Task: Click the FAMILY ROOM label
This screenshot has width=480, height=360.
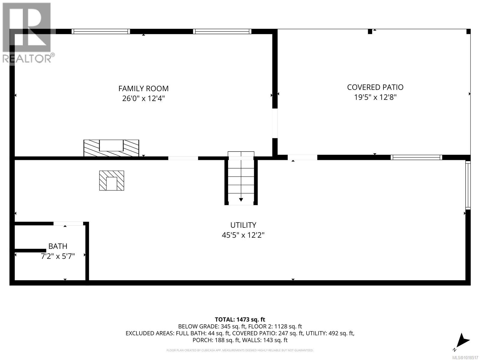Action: click(x=143, y=88)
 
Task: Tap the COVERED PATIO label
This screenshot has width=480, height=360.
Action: click(x=375, y=87)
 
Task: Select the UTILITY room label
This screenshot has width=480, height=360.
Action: click(x=243, y=225)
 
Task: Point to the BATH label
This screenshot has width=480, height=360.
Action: click(x=58, y=246)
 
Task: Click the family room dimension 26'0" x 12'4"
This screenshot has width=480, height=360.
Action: click(x=143, y=98)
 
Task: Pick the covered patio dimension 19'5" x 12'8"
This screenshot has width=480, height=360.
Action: click(x=375, y=97)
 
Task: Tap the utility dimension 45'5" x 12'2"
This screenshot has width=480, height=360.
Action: click(x=243, y=235)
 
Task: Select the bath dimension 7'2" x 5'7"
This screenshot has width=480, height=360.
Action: click(x=58, y=256)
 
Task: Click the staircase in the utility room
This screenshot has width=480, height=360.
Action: click(x=241, y=180)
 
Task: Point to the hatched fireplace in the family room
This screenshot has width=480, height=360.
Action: click(x=111, y=148)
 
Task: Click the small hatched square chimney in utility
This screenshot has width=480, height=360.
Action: click(x=112, y=181)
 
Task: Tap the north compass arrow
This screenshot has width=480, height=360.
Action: click(x=463, y=340)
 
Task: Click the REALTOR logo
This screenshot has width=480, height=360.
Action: click(x=28, y=33)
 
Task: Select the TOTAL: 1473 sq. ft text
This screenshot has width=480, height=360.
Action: click(x=240, y=319)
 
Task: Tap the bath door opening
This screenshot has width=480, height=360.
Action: click(x=68, y=223)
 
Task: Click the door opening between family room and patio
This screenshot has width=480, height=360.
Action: click(x=275, y=123)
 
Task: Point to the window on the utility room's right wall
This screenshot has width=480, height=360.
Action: click(x=468, y=185)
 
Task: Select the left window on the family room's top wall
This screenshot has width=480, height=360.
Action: click(x=101, y=31)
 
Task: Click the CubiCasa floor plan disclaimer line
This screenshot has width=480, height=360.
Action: click(x=240, y=350)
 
